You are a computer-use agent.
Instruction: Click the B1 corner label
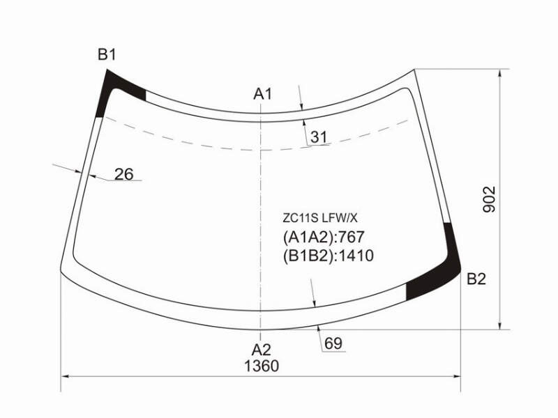tap(107, 55)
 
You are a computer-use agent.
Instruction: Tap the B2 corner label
tap(476, 279)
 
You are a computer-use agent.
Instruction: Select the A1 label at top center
tap(263, 94)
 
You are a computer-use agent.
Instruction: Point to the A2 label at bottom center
tap(262, 350)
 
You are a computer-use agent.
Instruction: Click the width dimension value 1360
tap(262, 366)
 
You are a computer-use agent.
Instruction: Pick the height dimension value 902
tap(489, 199)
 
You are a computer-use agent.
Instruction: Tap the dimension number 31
tap(319, 137)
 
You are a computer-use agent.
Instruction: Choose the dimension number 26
tap(124, 174)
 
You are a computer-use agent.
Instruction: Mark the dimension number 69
tap(333, 343)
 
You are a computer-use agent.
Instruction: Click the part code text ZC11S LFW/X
tap(320, 218)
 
